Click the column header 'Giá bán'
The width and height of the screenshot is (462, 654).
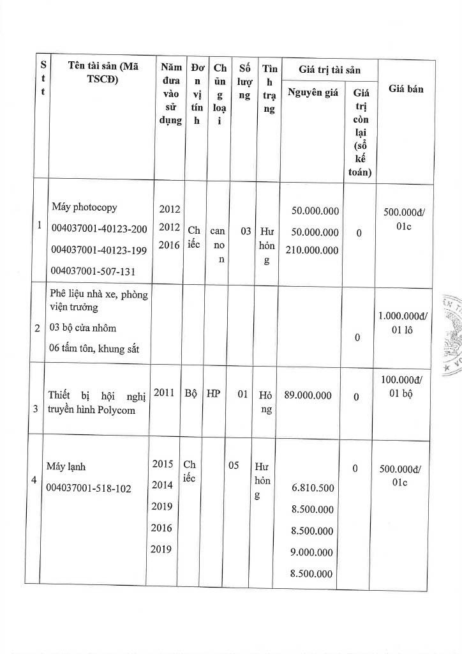(406, 89)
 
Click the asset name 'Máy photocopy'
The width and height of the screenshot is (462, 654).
(85, 208)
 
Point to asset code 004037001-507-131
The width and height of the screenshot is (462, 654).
(93, 270)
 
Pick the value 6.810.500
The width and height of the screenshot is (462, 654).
(313, 488)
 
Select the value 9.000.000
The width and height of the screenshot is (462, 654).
(313, 552)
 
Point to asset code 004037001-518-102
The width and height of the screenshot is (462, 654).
(89, 488)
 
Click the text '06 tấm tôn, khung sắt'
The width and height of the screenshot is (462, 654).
(94, 347)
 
